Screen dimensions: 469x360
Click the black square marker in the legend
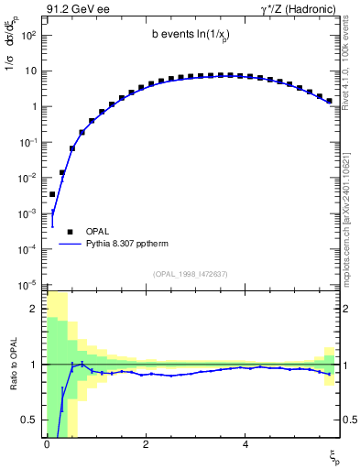tap(71, 232)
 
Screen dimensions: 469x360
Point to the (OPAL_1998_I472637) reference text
tap(191, 273)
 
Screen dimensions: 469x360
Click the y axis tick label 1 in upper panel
tap(33, 106)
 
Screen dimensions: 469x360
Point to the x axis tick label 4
tap(245, 444)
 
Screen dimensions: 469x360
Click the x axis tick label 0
tap(46, 444)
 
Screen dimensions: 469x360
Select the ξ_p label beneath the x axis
tap(334, 455)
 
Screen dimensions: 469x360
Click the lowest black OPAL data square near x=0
tap(52, 194)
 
